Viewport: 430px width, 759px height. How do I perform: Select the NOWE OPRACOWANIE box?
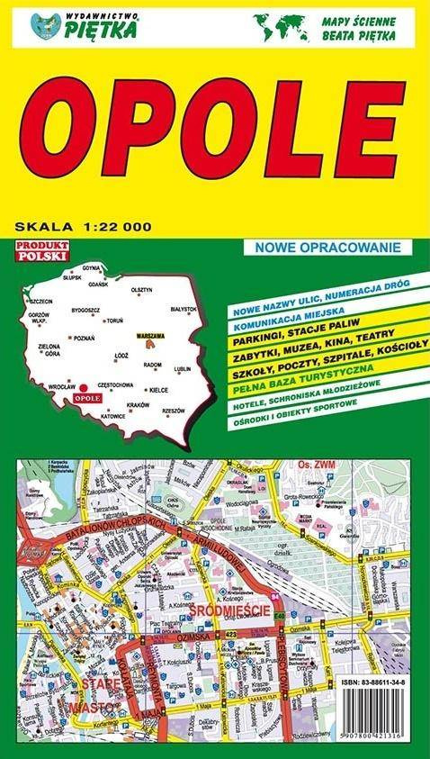point(326,247)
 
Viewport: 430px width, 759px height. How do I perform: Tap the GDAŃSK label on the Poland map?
point(98,285)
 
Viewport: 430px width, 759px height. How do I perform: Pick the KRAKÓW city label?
point(137,405)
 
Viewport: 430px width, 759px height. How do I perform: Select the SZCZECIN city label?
point(41,301)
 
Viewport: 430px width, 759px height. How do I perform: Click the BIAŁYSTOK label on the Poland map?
point(183,309)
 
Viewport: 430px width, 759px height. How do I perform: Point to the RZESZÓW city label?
point(173,411)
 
